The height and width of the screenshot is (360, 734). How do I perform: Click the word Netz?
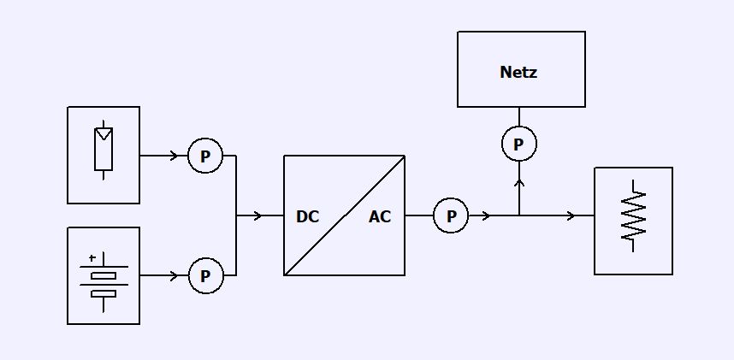[518, 73]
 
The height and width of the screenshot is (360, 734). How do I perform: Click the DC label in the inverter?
[307, 217]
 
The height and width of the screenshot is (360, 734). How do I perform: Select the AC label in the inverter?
[380, 217]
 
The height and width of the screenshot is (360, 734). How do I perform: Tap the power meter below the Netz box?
[518, 145]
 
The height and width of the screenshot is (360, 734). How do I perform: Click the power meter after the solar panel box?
[205, 156]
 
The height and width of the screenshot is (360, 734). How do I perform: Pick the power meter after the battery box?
[205, 276]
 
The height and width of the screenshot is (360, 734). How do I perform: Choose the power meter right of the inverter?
[451, 215]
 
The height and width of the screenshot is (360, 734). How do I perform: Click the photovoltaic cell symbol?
[104, 152]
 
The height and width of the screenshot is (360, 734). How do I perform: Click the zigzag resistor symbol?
[633, 215]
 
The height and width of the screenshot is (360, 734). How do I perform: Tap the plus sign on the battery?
[92, 257]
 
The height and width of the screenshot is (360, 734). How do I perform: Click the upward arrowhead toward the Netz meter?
[518, 181]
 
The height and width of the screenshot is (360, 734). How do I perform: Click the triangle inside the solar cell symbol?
[104, 134]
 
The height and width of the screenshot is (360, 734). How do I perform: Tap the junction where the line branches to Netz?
[518, 215]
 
